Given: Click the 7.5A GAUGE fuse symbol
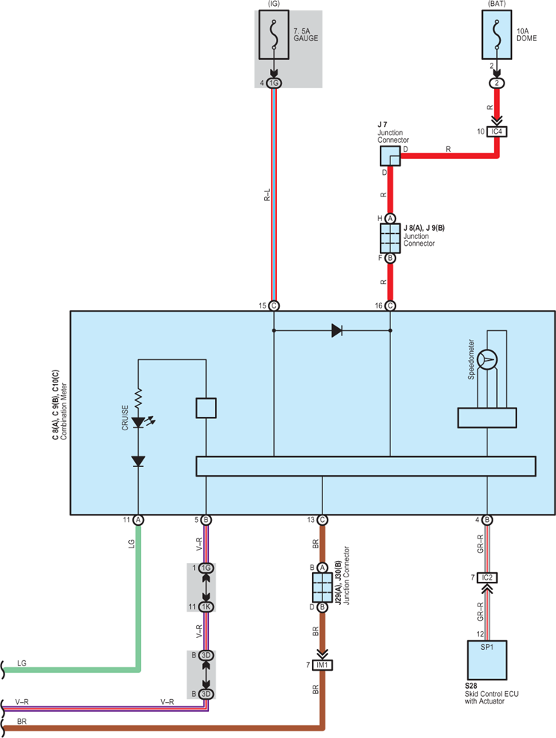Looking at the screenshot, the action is pos(274,35).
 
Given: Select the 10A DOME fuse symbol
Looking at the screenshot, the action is pos(497,35).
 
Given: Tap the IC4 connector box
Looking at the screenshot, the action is pos(497,131).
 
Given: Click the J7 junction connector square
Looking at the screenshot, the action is pos(390,156).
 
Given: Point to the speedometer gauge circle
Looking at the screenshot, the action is pos(487,360).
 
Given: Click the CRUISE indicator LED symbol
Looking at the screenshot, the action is pos(138,422).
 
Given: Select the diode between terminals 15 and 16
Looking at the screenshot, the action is pos(337,330).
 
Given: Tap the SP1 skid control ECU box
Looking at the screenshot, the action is pos(487,660).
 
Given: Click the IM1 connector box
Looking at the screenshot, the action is pos(322,665).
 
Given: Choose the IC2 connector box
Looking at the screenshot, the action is pos(487,577).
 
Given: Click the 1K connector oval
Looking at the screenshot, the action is pos(206,607).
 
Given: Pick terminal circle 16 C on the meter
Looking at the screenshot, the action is pos(390,306).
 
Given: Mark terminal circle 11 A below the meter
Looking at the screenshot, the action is pos(138,520).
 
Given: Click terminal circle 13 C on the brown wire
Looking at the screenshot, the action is pos(322,520).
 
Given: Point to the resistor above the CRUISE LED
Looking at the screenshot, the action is pos(138,398).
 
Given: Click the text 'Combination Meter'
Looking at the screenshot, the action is pos(64,411).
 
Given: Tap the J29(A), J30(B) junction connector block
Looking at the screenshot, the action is pos(322,587).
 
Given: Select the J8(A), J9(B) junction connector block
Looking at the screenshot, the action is pos(390,238).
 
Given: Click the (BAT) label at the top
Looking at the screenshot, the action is pos(497,4).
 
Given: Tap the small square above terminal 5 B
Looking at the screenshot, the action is pos(206,408).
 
